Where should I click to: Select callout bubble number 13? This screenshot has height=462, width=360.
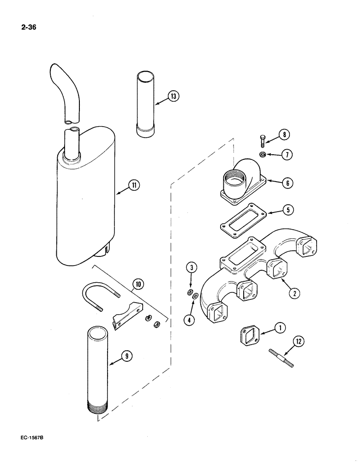tap(173, 97)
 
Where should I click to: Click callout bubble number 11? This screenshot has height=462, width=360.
tap(134, 186)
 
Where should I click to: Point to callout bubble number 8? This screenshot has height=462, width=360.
tap(284, 135)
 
